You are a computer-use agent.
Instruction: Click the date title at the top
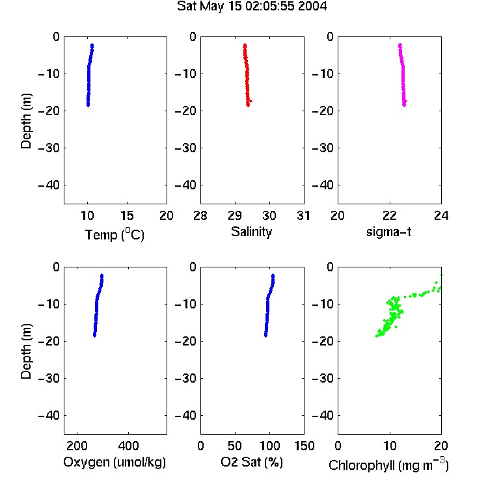point(252,6)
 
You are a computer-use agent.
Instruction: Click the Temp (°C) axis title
point(115,234)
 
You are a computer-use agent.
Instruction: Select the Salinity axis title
point(251,232)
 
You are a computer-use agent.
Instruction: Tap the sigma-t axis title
point(388,232)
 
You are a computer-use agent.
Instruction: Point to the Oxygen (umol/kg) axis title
point(115,462)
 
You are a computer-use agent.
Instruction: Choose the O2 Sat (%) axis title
point(252,462)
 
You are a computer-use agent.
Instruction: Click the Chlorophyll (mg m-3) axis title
point(388,465)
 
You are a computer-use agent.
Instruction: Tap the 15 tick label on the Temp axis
point(127,215)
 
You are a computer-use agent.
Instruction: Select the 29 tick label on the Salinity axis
point(235,215)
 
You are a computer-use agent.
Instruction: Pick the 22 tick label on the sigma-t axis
point(390,215)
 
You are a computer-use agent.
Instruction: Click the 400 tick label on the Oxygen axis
point(128,446)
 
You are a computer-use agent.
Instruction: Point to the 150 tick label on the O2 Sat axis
point(304,446)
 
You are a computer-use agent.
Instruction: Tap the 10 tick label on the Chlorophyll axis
point(390,446)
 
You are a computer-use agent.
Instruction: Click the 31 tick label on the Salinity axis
point(304,215)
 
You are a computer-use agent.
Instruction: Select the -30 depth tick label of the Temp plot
point(49,148)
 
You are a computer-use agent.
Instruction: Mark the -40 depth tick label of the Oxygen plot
point(49,415)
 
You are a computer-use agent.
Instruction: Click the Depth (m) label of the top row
point(26,121)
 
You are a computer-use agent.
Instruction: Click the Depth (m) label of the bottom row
point(26,351)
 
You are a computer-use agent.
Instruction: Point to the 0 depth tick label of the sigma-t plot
point(330,36)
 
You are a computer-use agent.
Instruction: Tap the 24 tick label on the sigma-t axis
point(441,215)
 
